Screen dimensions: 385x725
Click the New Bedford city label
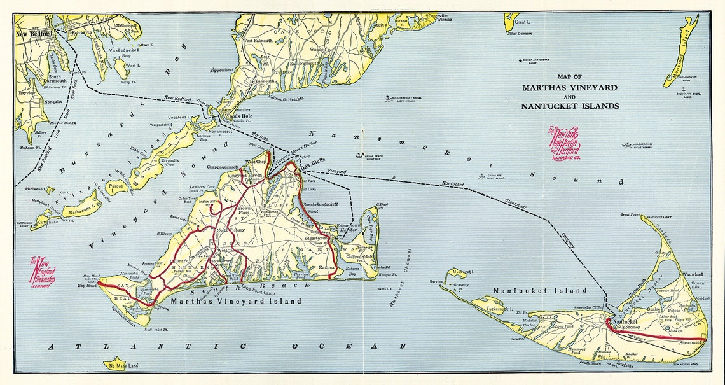[x=33, y=34]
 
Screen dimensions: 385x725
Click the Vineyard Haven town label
[x=245, y=175]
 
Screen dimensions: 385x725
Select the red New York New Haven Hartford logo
[x=564, y=144]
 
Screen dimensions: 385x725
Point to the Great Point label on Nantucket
[x=629, y=215]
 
